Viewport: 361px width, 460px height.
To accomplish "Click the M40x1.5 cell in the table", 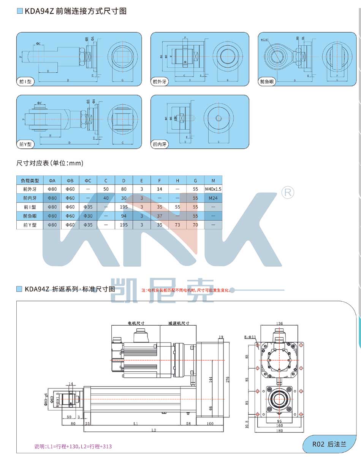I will point(213,189).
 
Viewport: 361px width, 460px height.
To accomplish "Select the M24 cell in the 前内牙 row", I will point(213,198).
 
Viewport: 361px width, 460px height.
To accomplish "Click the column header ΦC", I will point(88,180).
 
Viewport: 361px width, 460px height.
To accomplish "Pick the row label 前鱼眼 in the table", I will point(30,216).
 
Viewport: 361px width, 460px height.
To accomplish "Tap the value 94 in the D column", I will point(123,216).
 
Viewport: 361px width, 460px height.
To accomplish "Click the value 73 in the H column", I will point(177,225).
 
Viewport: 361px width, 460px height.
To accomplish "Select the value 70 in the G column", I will point(195,225).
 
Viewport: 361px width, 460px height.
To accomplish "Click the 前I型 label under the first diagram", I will point(27,82).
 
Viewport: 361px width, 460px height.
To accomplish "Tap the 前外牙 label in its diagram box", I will point(160,82).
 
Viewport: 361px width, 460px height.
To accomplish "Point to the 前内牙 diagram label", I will point(160,144).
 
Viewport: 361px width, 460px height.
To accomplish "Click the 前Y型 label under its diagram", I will point(26,144).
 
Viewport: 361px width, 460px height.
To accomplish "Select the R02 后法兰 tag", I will point(329,444).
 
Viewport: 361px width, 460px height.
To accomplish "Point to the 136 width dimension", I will point(279,324).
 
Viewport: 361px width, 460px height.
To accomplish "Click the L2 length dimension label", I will point(154,430).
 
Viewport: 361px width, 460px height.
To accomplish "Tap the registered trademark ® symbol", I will point(287,193).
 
